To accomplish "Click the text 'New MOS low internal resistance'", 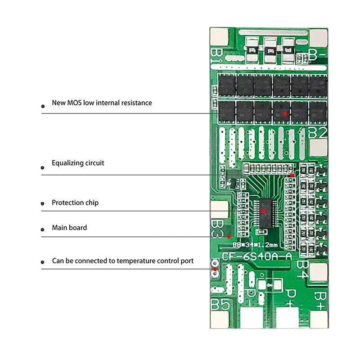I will [x=102, y=103].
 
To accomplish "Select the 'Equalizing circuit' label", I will [x=78, y=163].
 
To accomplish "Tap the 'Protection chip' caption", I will [x=75, y=203].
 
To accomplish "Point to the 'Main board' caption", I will [x=69, y=228].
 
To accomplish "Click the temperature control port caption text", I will [x=123, y=261].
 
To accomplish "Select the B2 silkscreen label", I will [x=318, y=132].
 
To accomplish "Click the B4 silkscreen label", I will [x=302, y=267].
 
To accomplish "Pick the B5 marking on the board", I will [x=220, y=305].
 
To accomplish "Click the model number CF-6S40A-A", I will [x=257, y=256].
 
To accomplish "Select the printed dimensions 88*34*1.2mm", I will [x=255, y=245].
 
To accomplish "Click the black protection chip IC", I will [x=264, y=211].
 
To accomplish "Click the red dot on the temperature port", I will [x=215, y=270].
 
